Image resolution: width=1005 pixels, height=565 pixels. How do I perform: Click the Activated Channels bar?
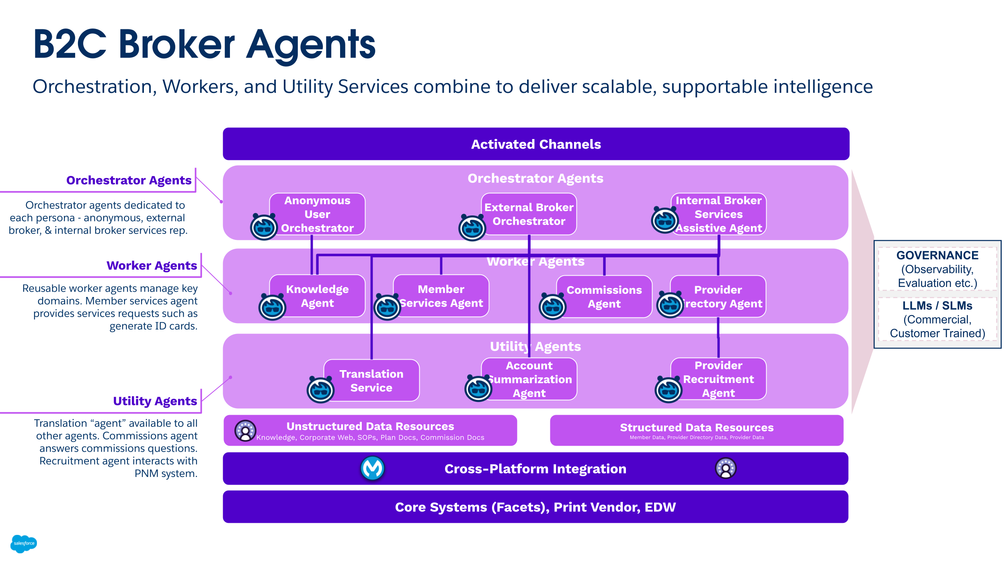[x=536, y=144]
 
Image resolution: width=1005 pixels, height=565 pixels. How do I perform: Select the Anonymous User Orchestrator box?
[x=317, y=214]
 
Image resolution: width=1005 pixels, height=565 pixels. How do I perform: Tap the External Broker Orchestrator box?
[x=529, y=214]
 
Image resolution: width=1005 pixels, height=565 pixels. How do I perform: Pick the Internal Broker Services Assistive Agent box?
[x=718, y=214]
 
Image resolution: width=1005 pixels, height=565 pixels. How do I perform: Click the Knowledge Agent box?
[x=317, y=296]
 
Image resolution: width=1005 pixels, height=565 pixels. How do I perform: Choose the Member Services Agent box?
[x=441, y=296]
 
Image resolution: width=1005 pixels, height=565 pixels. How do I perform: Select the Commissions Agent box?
[x=604, y=297]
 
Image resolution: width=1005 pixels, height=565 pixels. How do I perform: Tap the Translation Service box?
[x=371, y=381]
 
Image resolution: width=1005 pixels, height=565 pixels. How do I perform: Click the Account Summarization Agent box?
[x=529, y=379]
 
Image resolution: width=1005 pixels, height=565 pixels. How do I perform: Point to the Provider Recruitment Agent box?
[x=718, y=379]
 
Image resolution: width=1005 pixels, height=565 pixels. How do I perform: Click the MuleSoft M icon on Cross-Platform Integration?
[x=372, y=468]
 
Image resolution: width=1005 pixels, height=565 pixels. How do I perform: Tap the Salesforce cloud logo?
[x=24, y=543]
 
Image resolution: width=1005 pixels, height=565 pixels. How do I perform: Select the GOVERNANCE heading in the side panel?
[x=937, y=255]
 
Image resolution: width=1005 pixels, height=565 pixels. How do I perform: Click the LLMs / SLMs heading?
[x=937, y=305]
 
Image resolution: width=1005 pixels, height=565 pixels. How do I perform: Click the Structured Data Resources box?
[x=696, y=430]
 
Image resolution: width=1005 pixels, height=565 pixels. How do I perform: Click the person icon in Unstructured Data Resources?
[x=245, y=431]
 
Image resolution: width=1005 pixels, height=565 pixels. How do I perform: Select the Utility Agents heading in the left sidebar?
[x=155, y=401]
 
